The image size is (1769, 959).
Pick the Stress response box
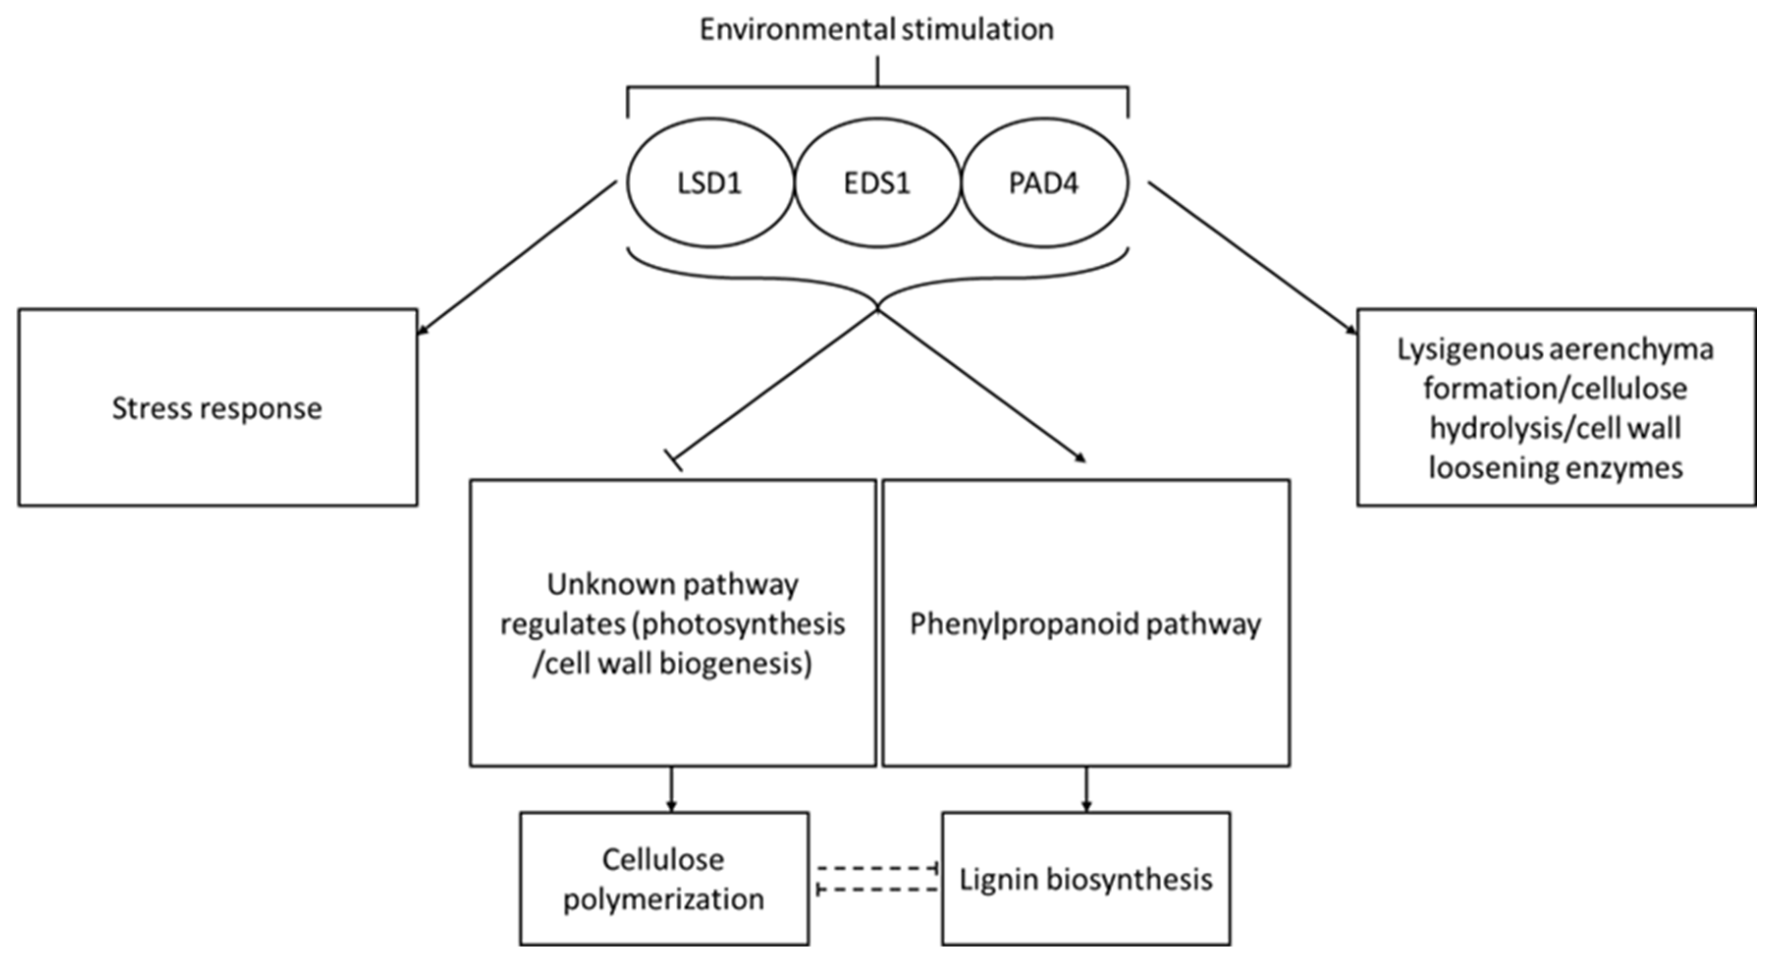click(x=218, y=408)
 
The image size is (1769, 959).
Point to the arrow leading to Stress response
click(x=518, y=258)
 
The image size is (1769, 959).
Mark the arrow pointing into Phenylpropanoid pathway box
click(x=982, y=384)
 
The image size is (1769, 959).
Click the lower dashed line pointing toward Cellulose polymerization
click(x=877, y=890)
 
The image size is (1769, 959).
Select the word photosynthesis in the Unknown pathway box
click(x=740, y=624)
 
